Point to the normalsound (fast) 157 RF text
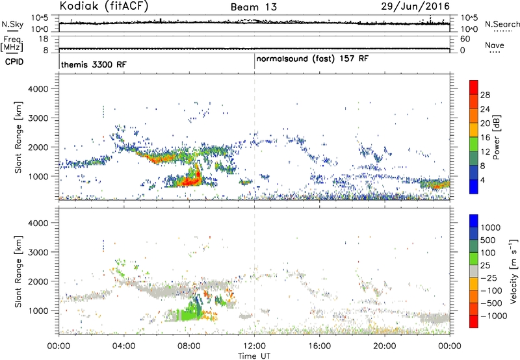click(x=312, y=59)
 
